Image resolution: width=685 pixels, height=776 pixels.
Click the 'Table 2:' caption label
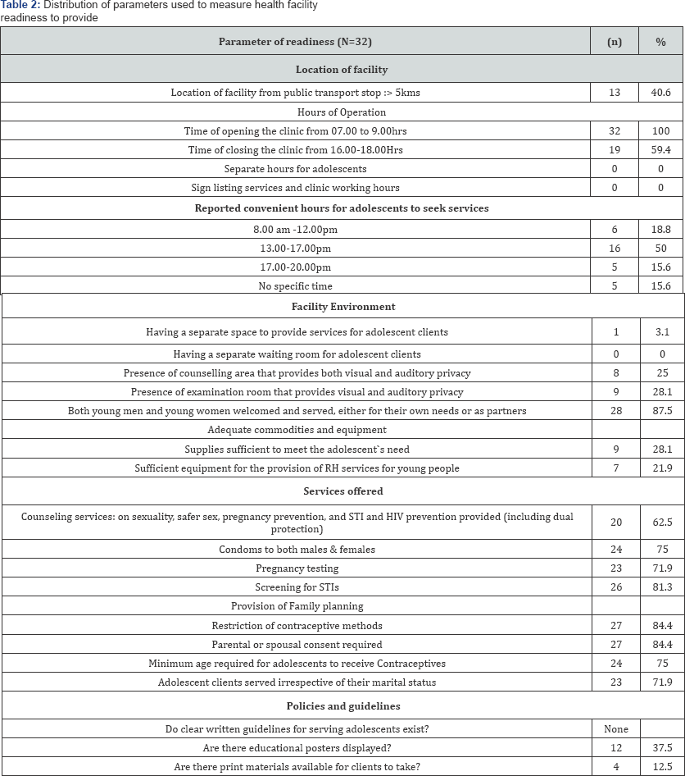(20, 6)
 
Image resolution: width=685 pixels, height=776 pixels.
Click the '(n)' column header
(615, 42)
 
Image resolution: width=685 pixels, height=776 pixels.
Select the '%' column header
(660, 42)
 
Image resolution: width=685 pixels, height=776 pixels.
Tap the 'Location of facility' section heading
(341, 70)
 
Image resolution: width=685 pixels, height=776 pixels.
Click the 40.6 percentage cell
(660, 93)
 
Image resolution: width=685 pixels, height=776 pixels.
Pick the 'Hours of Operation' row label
(341, 112)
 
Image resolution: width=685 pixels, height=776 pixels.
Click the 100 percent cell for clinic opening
(660, 130)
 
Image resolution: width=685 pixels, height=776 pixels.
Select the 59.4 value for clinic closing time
(660, 149)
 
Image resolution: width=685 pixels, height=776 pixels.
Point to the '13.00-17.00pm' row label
(341, 248)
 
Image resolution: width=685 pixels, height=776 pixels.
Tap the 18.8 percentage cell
(660, 229)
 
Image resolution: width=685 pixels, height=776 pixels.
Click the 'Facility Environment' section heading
(342, 307)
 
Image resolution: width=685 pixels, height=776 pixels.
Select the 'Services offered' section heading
(342, 491)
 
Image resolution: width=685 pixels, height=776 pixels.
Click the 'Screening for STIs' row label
(296, 587)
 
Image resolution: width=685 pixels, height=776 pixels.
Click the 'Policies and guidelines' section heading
(342, 705)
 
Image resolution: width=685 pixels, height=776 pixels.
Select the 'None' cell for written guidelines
(615, 728)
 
